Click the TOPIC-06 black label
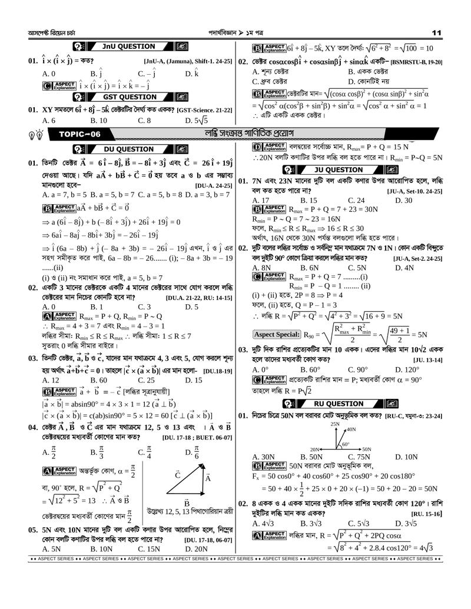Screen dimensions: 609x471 click(x=79, y=135)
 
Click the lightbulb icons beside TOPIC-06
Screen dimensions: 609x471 click(x=35, y=135)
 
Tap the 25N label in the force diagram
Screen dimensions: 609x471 click(x=336, y=424)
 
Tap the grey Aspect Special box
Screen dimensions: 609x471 click(x=276, y=335)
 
